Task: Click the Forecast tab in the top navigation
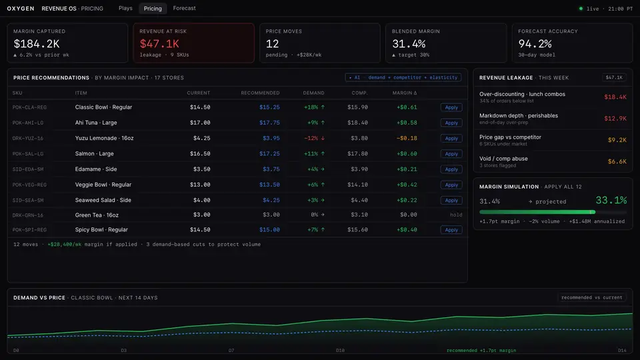click(x=184, y=8)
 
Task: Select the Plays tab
click(x=125, y=8)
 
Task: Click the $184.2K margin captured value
click(x=37, y=44)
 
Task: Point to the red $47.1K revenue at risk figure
click(x=159, y=44)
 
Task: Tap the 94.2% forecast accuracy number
click(x=535, y=44)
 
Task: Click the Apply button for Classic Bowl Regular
click(x=451, y=107)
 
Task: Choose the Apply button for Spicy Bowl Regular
click(x=451, y=230)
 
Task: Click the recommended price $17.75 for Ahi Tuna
click(x=269, y=123)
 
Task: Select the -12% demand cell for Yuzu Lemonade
click(x=314, y=138)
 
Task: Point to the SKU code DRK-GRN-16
click(x=28, y=215)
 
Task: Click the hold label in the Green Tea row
click(x=456, y=215)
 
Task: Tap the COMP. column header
click(x=359, y=93)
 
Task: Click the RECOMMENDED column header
click(x=260, y=93)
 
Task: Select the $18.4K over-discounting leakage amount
click(x=615, y=97)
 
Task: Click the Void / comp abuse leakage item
click(x=503, y=159)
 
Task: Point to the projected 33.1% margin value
click(x=611, y=200)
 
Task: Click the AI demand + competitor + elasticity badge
click(x=403, y=77)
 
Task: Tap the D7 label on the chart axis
click(x=231, y=350)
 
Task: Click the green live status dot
click(x=581, y=9)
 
